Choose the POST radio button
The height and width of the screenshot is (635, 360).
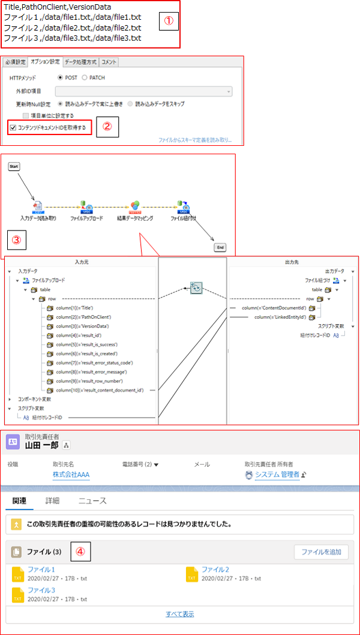click(61, 78)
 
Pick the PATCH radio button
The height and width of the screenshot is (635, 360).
click(85, 78)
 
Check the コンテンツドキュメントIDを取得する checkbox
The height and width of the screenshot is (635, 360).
click(13, 127)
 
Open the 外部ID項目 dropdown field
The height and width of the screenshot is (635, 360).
click(143, 91)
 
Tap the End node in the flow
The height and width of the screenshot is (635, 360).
click(220, 247)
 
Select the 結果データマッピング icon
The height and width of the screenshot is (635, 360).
click(136, 206)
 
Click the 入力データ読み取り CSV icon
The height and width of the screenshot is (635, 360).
click(37, 206)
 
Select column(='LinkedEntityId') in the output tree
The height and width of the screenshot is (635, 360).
click(280, 317)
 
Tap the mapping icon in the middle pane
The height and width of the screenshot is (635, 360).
click(196, 288)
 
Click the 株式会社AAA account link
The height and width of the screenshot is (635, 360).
click(71, 475)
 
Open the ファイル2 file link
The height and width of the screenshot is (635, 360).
click(215, 570)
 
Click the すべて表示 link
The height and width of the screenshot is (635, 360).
click(179, 614)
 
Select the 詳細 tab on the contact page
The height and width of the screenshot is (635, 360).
click(52, 501)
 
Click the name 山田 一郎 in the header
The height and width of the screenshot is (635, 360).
click(41, 445)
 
